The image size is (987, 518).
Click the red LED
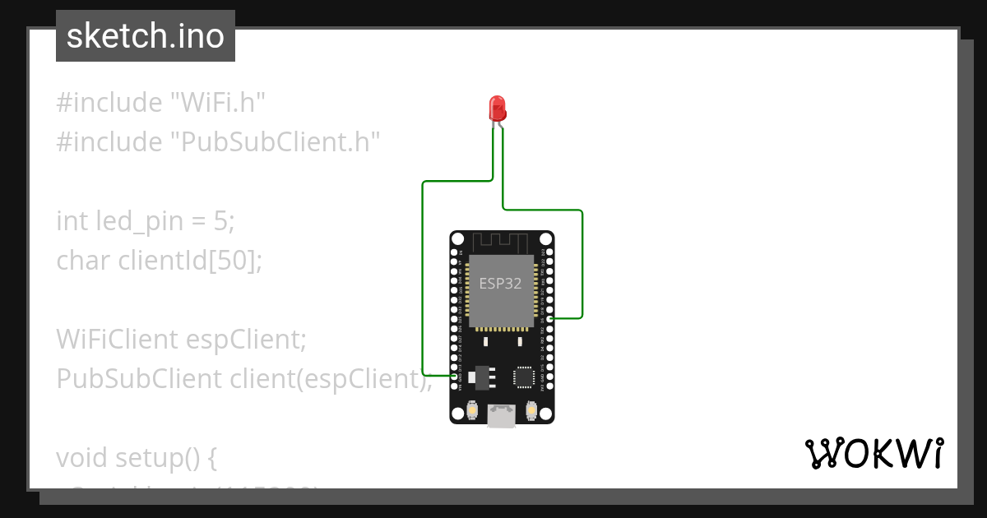point(498,108)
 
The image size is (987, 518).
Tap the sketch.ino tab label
point(146,36)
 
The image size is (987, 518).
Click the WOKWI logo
point(873,454)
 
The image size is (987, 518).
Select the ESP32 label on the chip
point(501,284)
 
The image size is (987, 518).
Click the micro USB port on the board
point(501,416)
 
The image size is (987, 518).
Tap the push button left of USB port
point(473,409)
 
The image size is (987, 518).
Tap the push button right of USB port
point(531,409)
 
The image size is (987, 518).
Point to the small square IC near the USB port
point(524,377)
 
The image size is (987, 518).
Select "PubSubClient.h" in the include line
point(276,142)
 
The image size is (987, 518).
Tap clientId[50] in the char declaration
point(190,261)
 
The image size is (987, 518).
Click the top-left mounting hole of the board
point(458,239)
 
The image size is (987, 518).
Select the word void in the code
point(82,457)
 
